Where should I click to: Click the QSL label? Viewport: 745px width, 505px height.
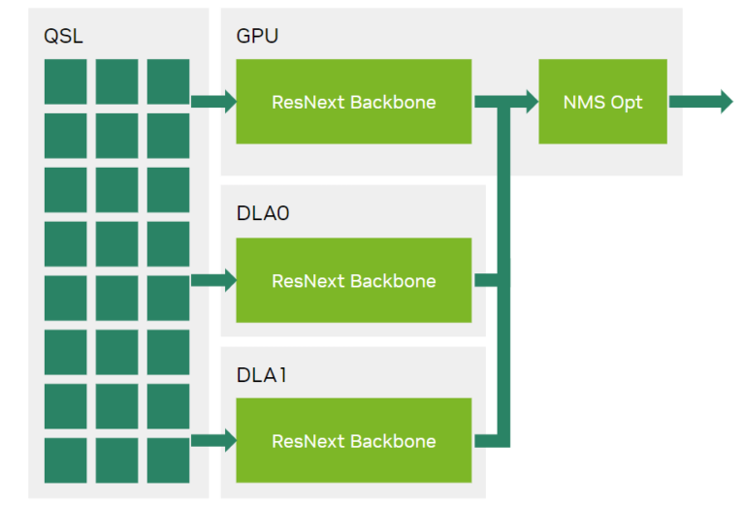(x=63, y=37)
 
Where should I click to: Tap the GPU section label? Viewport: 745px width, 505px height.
(x=257, y=37)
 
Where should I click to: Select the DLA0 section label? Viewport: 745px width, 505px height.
(x=262, y=213)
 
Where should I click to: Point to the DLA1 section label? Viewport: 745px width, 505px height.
(x=261, y=373)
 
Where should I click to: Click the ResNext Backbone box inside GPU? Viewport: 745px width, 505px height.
(x=354, y=102)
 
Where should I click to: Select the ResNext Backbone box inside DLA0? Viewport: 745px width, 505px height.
(x=354, y=281)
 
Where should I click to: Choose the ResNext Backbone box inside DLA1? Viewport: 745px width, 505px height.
(x=354, y=441)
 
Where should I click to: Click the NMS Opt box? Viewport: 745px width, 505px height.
(x=602, y=102)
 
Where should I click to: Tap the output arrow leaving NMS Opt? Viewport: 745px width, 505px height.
(x=699, y=102)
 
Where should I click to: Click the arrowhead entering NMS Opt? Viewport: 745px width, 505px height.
(x=530, y=102)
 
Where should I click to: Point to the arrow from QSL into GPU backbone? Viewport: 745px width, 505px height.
(x=213, y=102)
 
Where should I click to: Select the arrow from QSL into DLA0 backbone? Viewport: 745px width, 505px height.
(x=213, y=281)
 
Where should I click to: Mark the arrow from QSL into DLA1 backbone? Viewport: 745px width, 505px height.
(x=213, y=441)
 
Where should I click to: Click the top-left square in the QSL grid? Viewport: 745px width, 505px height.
(x=65, y=81)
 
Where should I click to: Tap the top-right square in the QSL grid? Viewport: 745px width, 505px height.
(x=168, y=81)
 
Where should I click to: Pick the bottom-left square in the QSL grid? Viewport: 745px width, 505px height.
(x=65, y=460)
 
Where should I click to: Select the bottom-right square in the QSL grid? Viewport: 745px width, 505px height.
(x=168, y=460)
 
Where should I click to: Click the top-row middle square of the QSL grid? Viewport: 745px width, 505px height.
(x=116, y=81)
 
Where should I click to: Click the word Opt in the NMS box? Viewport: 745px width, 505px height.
(x=626, y=103)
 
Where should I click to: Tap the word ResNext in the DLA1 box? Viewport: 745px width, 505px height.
(x=308, y=441)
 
